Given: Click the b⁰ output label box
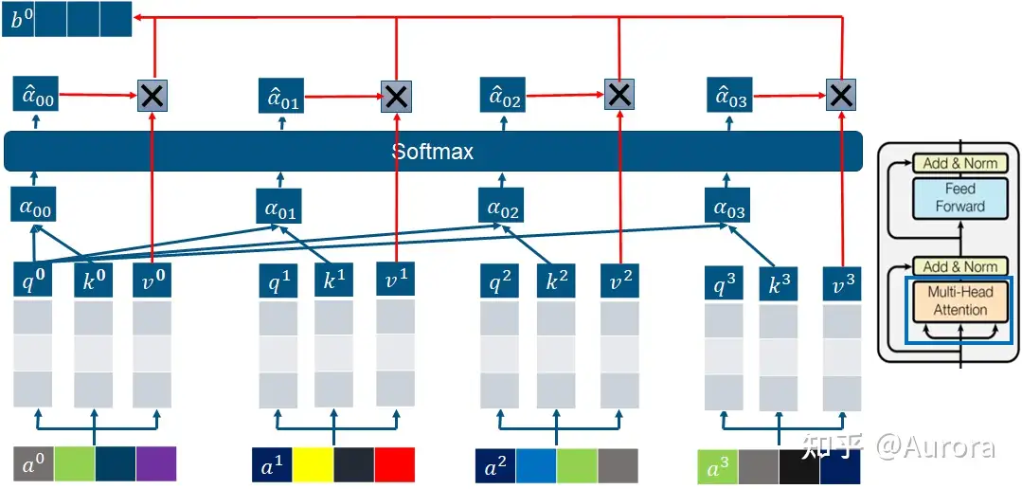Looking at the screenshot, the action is tap(17, 19).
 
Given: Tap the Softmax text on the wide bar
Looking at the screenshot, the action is tap(433, 152).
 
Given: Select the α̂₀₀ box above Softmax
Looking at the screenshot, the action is tap(36, 95).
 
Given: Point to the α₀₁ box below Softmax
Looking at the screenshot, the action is tap(279, 206).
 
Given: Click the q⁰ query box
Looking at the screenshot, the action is tap(33, 281).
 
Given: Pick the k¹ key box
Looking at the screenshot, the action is tap(334, 281).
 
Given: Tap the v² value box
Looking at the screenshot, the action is tap(619, 281).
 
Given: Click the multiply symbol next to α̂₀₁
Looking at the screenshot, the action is tap(396, 95).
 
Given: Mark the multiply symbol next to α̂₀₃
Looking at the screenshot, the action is tap(841, 95).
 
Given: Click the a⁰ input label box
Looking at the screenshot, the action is tap(32, 464).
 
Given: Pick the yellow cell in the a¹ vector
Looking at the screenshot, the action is tap(313, 465).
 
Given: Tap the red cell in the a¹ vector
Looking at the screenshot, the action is tap(394, 465).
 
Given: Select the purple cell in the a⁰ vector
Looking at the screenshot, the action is tap(156, 464).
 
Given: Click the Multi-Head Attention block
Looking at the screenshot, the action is tap(960, 300).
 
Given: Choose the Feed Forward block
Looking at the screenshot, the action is tap(960, 198).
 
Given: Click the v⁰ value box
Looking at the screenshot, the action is tap(152, 281).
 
